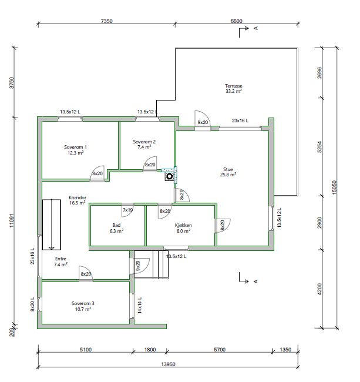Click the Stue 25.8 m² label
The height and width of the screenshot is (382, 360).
(228, 171)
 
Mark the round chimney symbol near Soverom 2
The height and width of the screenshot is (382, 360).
(169, 175)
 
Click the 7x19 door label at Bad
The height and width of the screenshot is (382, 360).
(127, 210)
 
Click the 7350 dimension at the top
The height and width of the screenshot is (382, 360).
(106, 21)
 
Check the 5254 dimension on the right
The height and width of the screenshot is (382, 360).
(319, 147)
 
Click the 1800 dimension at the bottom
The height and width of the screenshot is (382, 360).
(150, 350)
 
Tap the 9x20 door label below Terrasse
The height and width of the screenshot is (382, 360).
(203, 122)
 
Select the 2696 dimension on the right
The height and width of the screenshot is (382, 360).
(319, 72)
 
